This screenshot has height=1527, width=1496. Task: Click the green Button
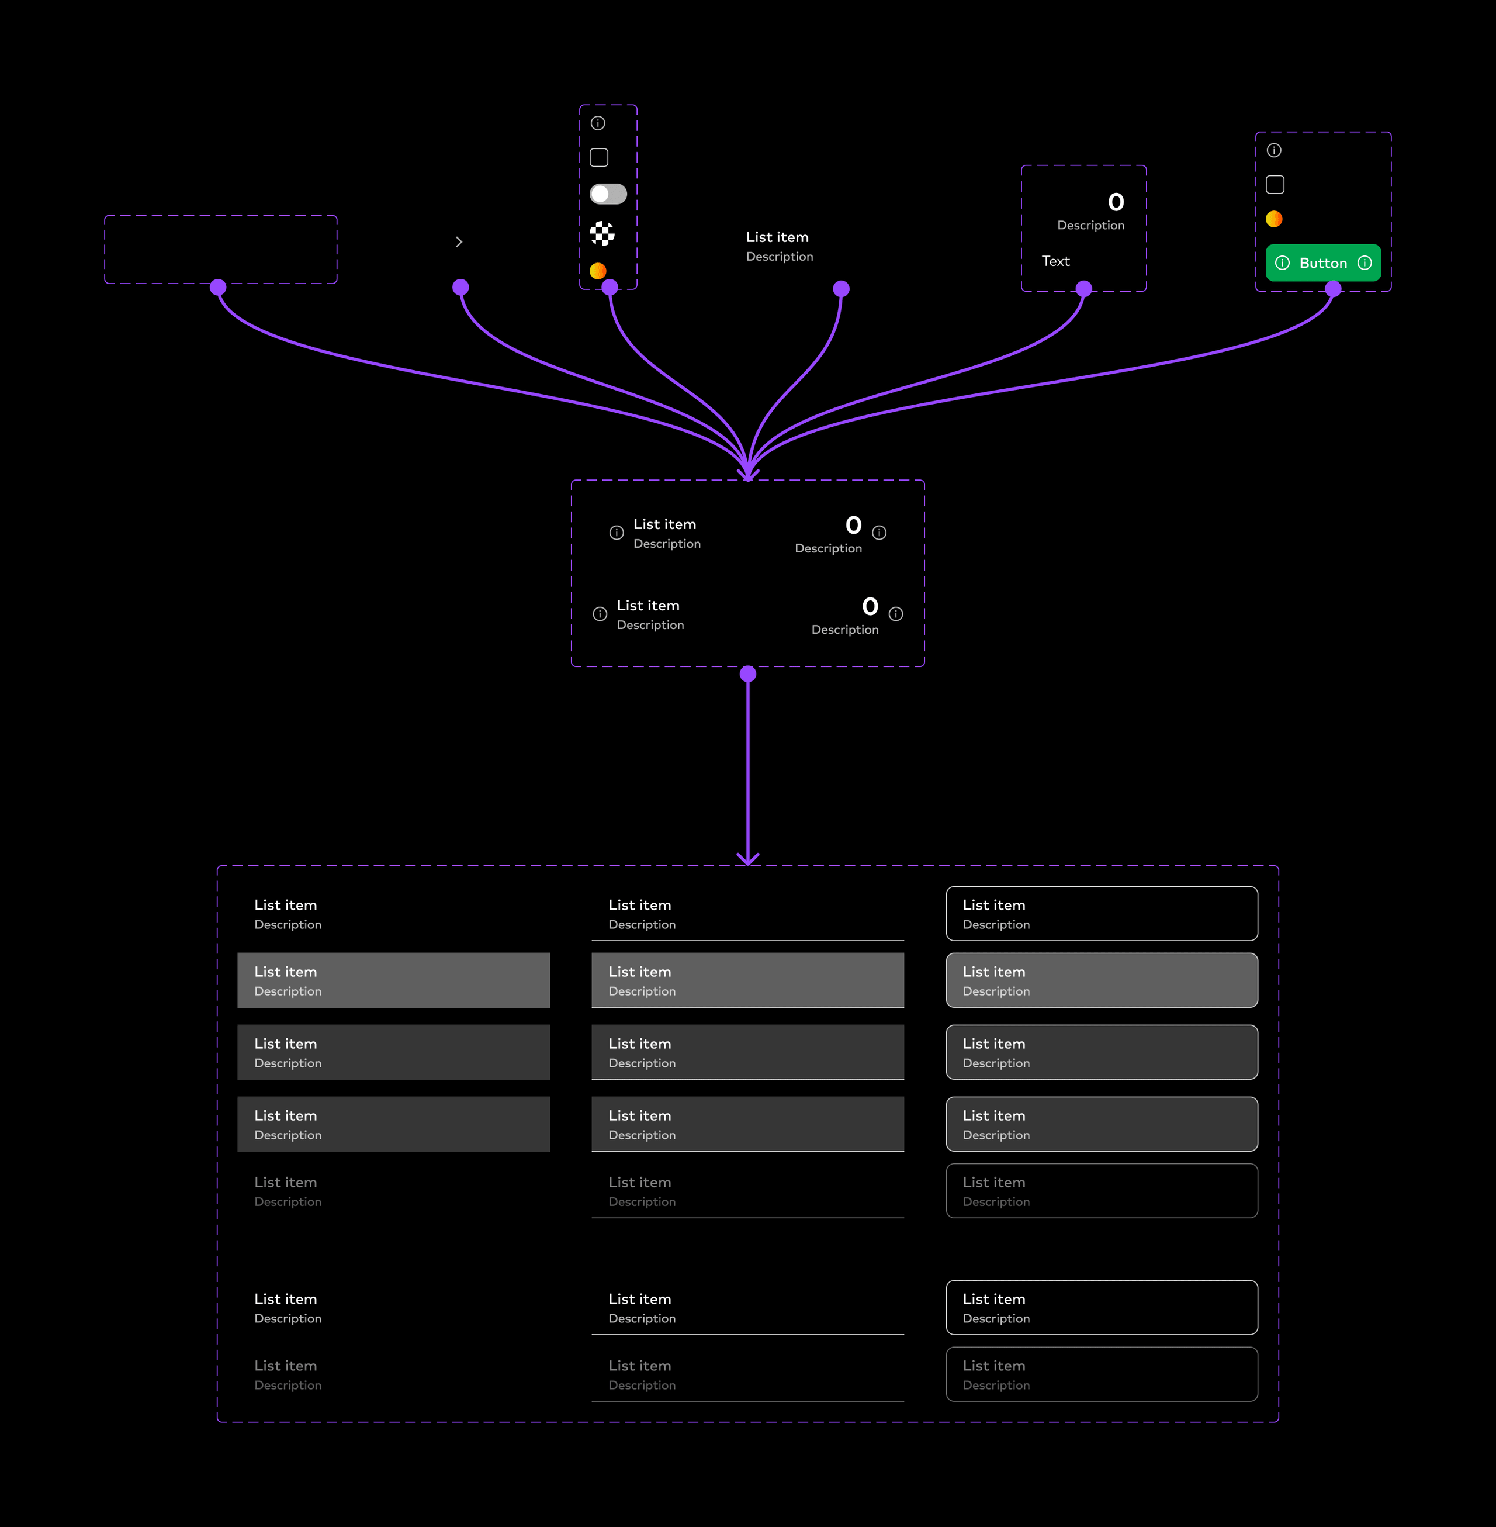1323,263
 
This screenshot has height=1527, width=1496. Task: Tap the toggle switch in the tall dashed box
608,194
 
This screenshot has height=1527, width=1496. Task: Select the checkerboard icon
602,233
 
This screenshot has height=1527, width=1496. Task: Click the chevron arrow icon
459,242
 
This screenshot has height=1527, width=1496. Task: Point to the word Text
1055,261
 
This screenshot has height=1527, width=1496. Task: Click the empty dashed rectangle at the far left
221,249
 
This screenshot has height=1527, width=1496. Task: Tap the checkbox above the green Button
1275,185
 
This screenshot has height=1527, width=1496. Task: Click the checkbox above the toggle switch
599,158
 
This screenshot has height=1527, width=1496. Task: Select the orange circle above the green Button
1273,219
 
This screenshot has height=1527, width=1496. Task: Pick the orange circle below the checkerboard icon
598,270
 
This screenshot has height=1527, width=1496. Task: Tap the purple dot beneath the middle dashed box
748,674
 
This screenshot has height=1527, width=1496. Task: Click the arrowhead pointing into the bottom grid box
748,858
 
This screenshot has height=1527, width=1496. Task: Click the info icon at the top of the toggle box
598,123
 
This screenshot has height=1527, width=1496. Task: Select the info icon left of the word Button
1282,263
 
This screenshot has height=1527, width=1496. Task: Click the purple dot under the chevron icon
460,288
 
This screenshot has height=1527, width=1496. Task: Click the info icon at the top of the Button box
1273,150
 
